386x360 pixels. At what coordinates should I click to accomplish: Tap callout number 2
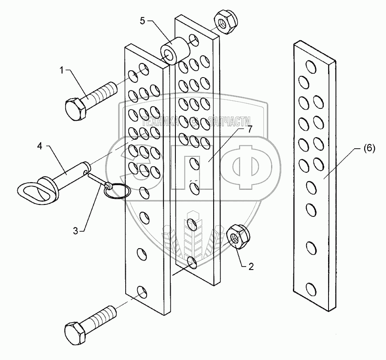(x=251, y=267)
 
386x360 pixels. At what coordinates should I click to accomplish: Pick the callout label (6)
(x=369, y=149)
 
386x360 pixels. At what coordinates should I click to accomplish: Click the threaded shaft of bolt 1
(x=104, y=91)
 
